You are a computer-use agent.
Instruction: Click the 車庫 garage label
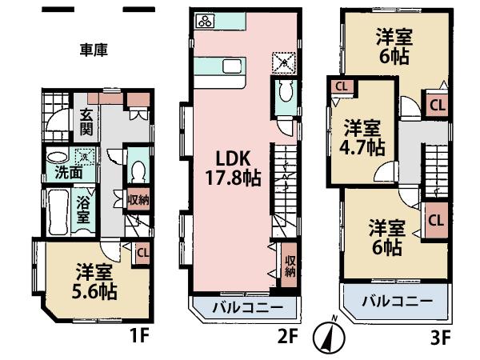tap(95, 50)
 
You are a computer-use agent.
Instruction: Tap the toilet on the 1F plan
tap(138, 170)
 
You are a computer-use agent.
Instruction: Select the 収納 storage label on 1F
tap(139, 200)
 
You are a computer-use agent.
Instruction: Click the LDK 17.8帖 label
tap(233, 166)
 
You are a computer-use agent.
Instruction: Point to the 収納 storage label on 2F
tap(290, 265)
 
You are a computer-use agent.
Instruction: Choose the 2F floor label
tap(287, 337)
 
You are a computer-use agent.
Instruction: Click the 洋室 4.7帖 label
tap(364, 137)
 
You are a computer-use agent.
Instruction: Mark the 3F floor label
tap(439, 337)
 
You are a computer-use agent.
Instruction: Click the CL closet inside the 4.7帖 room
tap(341, 86)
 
